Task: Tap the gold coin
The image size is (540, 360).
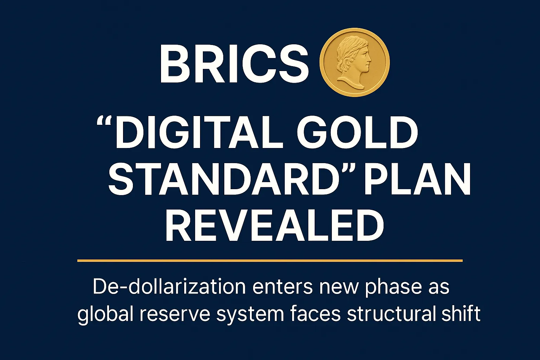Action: (x=355, y=62)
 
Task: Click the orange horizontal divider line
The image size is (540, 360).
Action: (x=270, y=261)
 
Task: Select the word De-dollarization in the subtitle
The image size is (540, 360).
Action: (x=169, y=287)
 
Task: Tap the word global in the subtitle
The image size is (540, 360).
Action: (x=105, y=314)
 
